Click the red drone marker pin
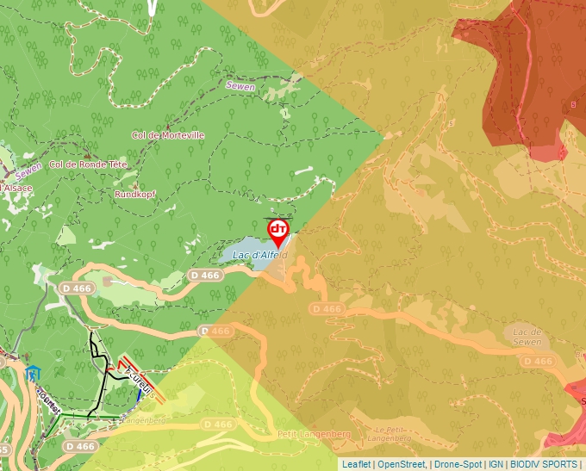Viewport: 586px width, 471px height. click(x=278, y=231)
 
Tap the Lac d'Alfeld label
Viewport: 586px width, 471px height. click(x=259, y=255)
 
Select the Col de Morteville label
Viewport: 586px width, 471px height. click(x=167, y=135)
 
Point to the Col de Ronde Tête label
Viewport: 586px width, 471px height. click(x=88, y=164)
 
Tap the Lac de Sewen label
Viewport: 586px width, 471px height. click(x=527, y=337)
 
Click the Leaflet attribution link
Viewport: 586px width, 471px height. click(x=356, y=464)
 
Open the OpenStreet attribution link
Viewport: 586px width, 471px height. click(x=402, y=464)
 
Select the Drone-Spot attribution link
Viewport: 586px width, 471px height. click(x=457, y=464)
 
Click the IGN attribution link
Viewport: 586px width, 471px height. click(x=495, y=464)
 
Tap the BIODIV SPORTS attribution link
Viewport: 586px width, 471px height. click(x=543, y=464)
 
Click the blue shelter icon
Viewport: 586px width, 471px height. click(x=33, y=374)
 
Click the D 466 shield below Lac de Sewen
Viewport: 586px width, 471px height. click(x=539, y=361)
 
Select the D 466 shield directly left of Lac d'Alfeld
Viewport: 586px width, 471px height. click(x=205, y=275)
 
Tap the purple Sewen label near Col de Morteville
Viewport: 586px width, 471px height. click(x=241, y=84)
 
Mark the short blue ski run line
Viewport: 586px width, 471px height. click(x=140, y=395)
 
